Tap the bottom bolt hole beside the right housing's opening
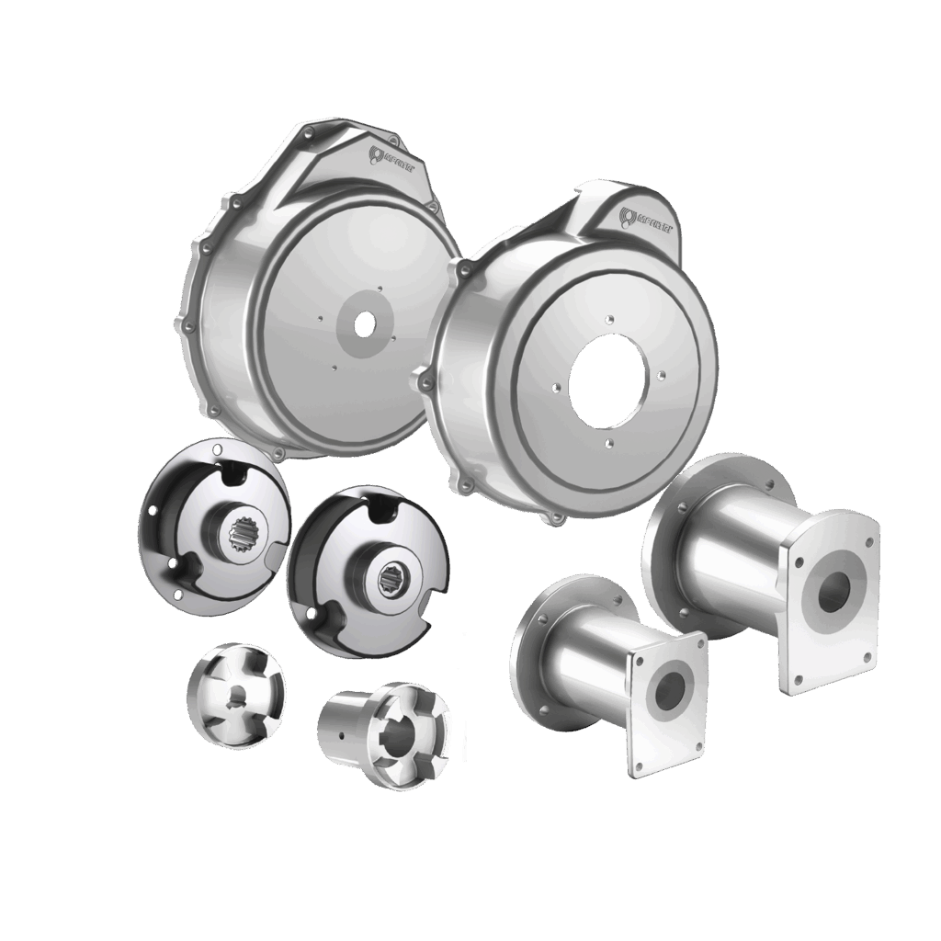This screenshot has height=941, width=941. [607, 446]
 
